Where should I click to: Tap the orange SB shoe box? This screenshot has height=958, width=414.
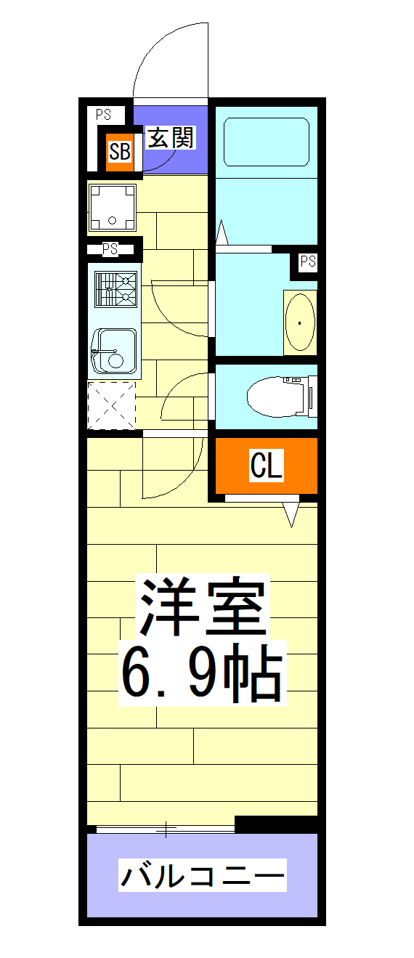[120, 152]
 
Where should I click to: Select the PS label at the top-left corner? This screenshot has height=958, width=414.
[104, 114]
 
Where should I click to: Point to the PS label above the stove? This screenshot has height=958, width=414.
[110, 249]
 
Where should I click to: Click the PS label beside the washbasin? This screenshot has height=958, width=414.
[307, 261]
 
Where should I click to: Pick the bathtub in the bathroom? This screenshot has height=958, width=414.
[267, 143]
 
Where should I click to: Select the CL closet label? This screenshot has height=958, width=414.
[266, 466]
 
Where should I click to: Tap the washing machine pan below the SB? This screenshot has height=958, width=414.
[112, 207]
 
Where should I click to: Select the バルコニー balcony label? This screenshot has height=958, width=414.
[202, 876]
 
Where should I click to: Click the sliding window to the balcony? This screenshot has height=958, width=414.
[166, 828]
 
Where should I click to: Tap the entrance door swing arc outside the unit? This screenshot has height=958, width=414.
[171, 58]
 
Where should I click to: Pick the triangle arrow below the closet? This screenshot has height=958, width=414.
[292, 514]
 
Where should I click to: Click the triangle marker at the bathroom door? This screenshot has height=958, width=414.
[222, 235]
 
